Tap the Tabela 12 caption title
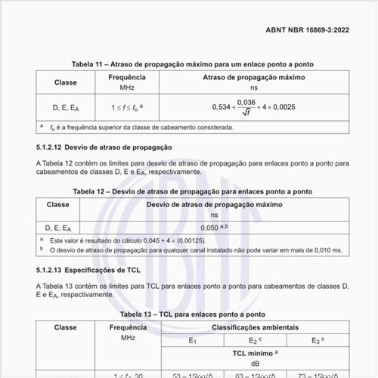pos(192,192)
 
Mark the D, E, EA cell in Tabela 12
pos(58,227)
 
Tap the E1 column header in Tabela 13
pos(192,340)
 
